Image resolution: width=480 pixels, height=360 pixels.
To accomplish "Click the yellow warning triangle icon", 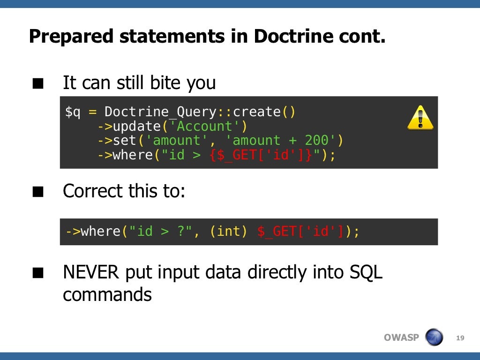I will [x=420, y=118].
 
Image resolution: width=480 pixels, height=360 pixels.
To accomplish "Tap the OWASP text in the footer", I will [x=401, y=337].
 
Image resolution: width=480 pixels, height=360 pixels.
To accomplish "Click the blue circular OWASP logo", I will [x=434, y=337].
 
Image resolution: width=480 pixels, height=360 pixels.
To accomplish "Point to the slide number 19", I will [x=460, y=338].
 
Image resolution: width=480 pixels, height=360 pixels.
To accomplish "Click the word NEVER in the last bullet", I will [x=91, y=272].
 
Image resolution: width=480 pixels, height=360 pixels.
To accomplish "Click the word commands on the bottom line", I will [x=107, y=295].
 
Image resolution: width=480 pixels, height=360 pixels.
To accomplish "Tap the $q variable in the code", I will [x=73, y=112].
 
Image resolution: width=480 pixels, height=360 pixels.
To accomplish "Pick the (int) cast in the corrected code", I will [x=228, y=232].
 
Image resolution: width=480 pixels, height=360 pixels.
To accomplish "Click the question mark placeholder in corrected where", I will [x=180, y=232].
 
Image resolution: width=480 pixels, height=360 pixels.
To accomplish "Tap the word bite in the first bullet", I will [x=166, y=83].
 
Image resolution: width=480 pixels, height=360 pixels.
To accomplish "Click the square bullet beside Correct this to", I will [x=38, y=192].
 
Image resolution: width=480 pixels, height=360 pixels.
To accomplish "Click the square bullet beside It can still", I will [x=38, y=84].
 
